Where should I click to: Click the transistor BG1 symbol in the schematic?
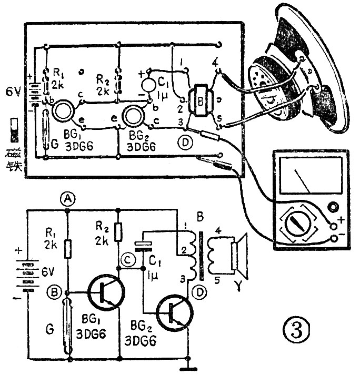(x=106, y=292)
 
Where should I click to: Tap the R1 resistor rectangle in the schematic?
(x=67, y=249)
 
